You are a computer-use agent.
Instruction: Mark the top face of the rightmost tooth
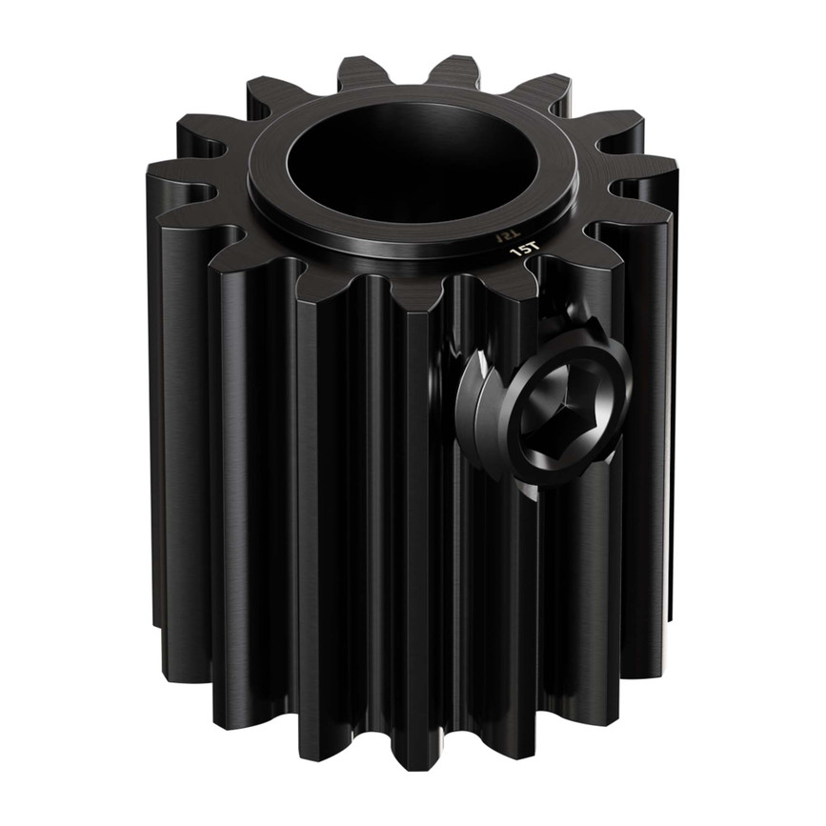pyautogui.click(x=648, y=186)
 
